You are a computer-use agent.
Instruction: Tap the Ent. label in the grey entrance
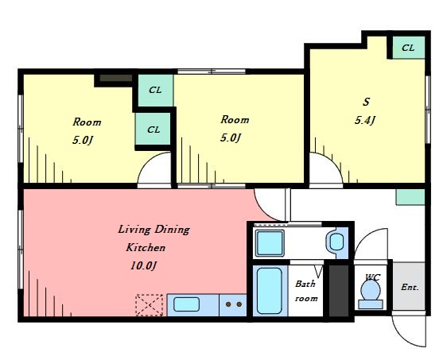click(410, 288)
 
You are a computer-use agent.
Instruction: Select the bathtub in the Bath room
click(270, 291)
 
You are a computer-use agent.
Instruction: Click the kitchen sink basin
click(186, 304)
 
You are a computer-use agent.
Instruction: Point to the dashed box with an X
click(150, 305)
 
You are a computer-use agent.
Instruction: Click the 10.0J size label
click(143, 265)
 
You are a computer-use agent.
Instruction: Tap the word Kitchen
click(146, 248)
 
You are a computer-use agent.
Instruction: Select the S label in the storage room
click(366, 102)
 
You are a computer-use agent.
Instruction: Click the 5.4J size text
click(365, 121)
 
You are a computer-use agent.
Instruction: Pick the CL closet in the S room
click(409, 48)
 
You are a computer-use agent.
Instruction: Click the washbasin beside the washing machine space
click(336, 242)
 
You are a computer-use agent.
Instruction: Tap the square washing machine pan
click(270, 243)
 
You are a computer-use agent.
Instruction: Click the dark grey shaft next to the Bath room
click(339, 291)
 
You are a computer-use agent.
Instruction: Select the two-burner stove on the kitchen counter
click(233, 304)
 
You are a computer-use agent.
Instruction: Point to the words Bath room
click(306, 291)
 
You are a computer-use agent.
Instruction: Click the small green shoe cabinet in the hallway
click(410, 197)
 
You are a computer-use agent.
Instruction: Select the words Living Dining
click(153, 229)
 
